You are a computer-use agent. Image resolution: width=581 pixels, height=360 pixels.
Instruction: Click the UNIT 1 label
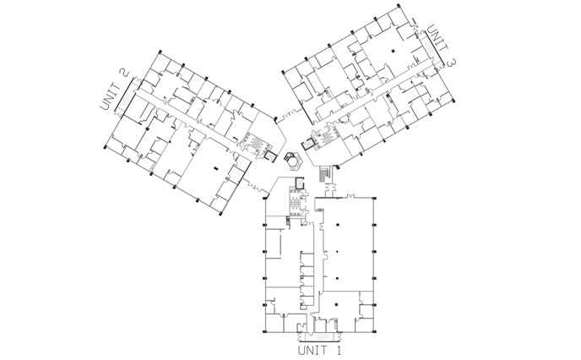319,350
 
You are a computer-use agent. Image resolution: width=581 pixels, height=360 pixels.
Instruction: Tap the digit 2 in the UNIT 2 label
124,72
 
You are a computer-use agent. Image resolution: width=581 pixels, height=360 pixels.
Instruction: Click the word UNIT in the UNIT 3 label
438,39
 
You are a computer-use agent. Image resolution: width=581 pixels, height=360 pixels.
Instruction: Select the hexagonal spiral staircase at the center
294,161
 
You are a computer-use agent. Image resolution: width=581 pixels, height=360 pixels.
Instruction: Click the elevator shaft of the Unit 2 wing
270,156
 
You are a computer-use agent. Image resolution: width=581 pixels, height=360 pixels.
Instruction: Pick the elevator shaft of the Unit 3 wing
308,143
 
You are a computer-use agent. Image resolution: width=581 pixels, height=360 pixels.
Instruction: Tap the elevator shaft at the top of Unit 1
299,183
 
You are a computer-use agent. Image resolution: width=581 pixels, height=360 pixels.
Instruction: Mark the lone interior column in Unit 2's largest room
216,169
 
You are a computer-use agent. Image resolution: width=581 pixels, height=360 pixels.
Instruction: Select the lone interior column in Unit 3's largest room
394,51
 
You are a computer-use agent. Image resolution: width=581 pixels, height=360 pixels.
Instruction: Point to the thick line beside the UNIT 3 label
434,45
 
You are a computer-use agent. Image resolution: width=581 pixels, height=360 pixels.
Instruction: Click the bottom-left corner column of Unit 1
264,331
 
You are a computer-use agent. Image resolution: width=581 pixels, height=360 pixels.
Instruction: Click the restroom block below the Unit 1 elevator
296,203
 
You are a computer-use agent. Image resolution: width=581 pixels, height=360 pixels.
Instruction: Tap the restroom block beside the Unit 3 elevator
325,139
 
